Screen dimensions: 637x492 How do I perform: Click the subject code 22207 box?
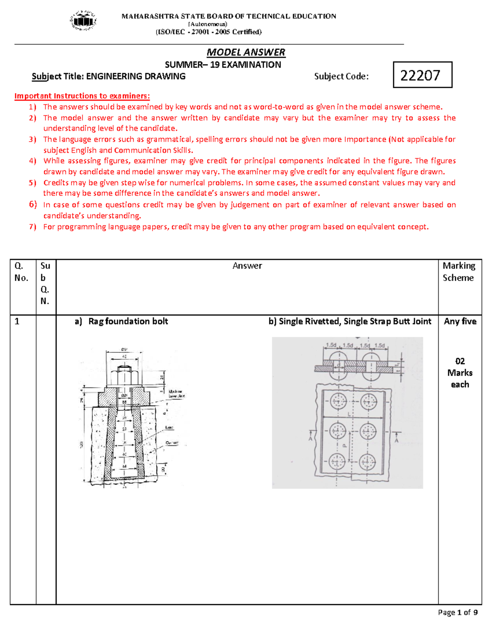pyautogui.click(x=422, y=75)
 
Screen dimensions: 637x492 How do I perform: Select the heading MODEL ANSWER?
pyautogui.click(x=246, y=52)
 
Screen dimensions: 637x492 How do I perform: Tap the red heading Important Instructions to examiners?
pyautogui.click(x=82, y=96)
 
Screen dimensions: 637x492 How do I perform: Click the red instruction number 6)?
pyautogui.click(x=33, y=204)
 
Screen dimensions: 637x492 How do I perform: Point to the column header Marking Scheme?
pyautogui.click(x=459, y=272)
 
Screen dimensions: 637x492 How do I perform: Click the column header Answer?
pyautogui.click(x=247, y=266)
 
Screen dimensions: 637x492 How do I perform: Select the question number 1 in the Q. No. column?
pyautogui.click(x=17, y=321)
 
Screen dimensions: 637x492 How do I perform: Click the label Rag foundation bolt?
pyautogui.click(x=128, y=321)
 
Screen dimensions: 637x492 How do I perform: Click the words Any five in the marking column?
pyautogui.click(x=460, y=321)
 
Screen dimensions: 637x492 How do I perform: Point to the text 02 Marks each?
pyautogui.click(x=460, y=372)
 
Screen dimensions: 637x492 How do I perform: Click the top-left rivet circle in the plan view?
pyautogui.click(x=338, y=401)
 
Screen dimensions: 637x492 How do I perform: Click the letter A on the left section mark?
pyautogui.click(x=310, y=439)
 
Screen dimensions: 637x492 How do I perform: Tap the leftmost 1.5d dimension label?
pyautogui.click(x=331, y=345)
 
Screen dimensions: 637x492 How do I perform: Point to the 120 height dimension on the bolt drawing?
pyautogui.click(x=81, y=445)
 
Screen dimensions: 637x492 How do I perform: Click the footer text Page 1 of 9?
pyautogui.click(x=458, y=612)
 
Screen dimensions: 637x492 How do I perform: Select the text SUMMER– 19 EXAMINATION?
pyautogui.click(x=223, y=64)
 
